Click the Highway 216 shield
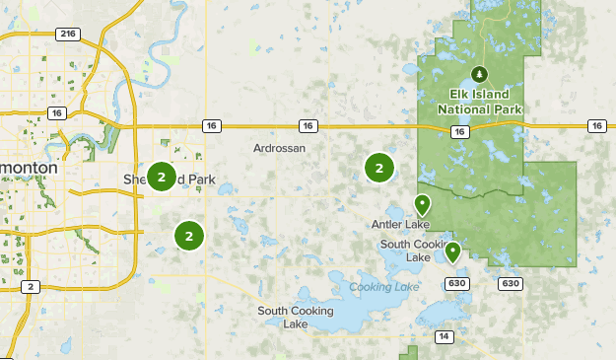click(67, 34)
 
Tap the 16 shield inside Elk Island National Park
click(460, 131)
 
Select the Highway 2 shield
click(31, 286)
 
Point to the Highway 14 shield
click(445, 337)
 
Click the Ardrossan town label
click(279, 148)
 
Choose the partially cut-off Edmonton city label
click(29, 169)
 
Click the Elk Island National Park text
click(480, 101)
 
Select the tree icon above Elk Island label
click(480, 74)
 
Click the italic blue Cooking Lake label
click(377, 287)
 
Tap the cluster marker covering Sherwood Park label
click(161, 177)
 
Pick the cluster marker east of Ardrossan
click(379, 168)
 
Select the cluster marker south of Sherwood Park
click(188, 236)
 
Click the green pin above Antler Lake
click(423, 204)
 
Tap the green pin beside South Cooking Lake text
click(452, 252)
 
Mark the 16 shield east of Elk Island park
click(596, 125)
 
